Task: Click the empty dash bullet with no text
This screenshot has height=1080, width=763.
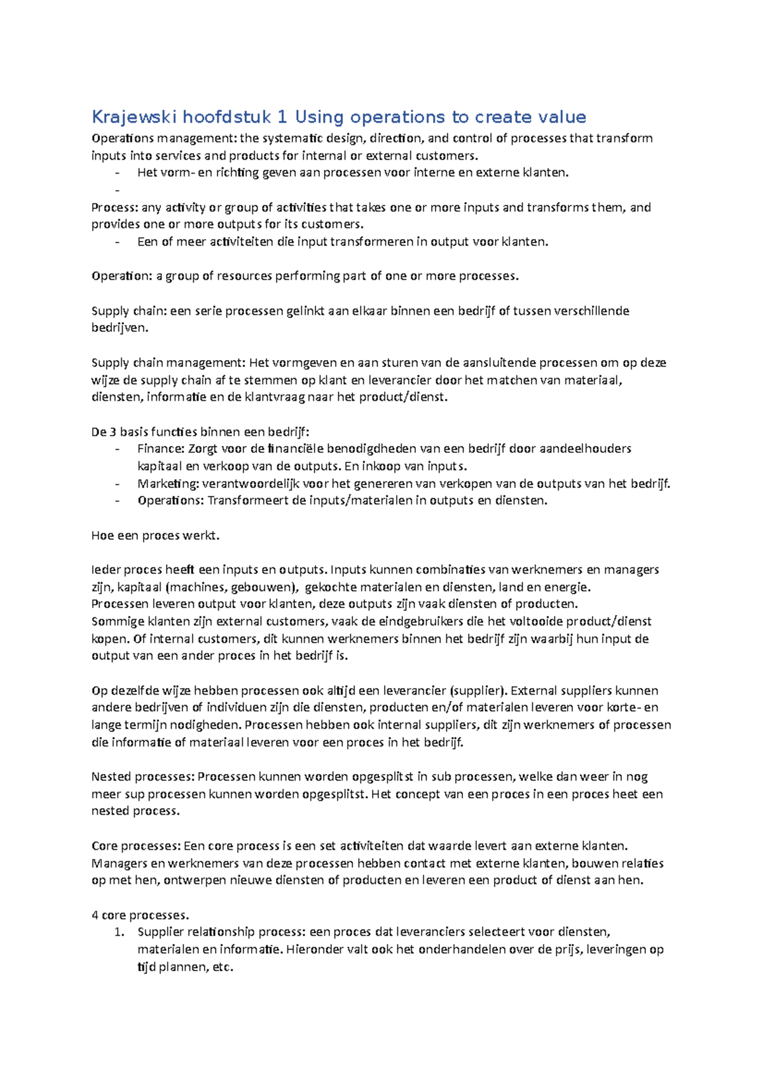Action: click(117, 190)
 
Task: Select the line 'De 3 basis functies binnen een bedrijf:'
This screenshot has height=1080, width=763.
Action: click(200, 433)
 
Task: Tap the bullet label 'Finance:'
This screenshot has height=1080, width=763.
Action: click(161, 449)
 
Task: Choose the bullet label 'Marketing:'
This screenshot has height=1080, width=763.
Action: click(168, 484)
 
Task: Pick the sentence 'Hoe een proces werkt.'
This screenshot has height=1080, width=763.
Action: click(155, 536)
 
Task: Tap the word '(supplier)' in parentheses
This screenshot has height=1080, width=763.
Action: click(478, 691)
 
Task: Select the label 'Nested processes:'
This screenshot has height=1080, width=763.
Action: click(142, 777)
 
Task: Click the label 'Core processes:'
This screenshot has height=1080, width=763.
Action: click(136, 846)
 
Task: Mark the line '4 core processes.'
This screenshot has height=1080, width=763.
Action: click(141, 915)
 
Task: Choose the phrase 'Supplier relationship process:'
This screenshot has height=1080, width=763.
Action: click(222, 932)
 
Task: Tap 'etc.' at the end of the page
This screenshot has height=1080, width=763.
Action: click(222, 967)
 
